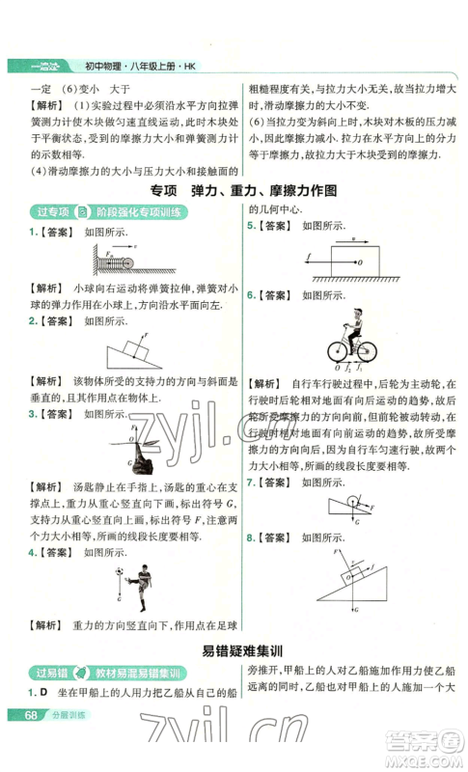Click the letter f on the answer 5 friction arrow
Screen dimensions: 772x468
(306, 257)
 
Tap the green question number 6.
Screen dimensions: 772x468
(250, 294)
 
